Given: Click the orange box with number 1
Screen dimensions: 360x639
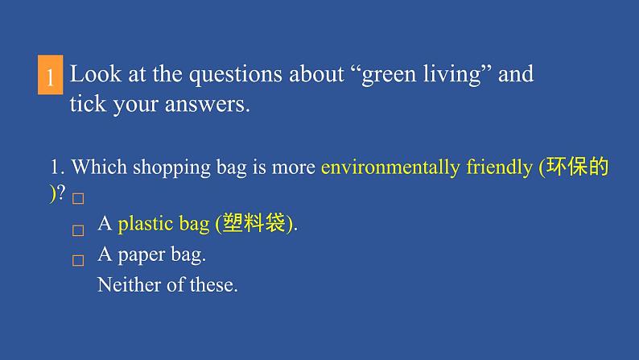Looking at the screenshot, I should point(50,77).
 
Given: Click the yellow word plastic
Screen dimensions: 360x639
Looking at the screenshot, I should point(146,225).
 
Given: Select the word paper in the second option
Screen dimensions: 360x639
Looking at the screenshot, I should point(142,255).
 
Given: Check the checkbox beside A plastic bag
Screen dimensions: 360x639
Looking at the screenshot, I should point(78,230).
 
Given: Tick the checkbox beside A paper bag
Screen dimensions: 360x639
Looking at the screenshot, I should point(78,261).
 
